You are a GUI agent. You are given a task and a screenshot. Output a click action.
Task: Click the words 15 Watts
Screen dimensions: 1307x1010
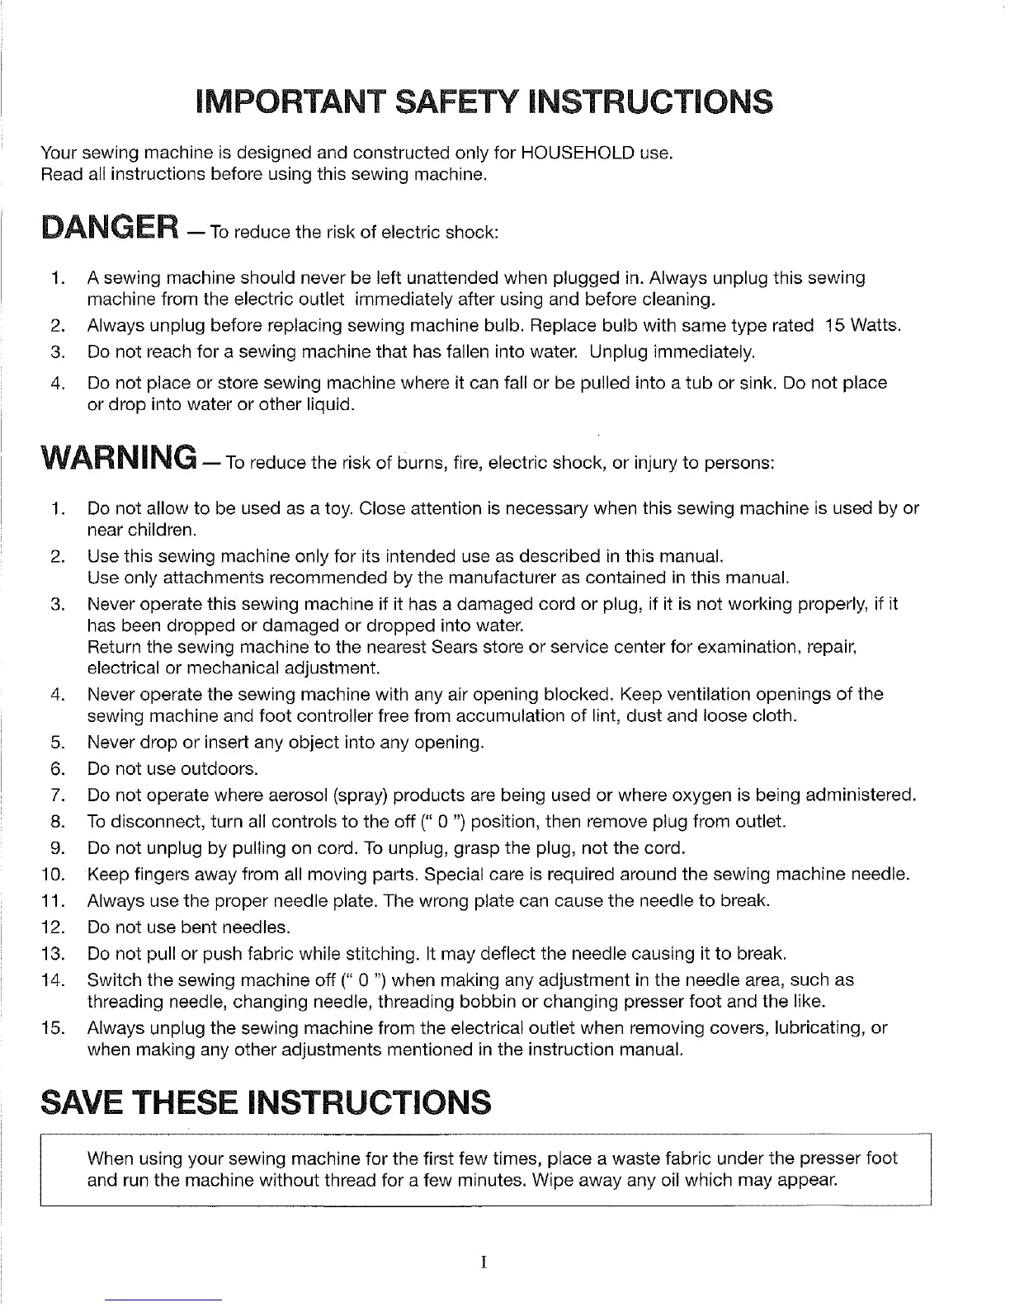pyautogui.click(x=863, y=325)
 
